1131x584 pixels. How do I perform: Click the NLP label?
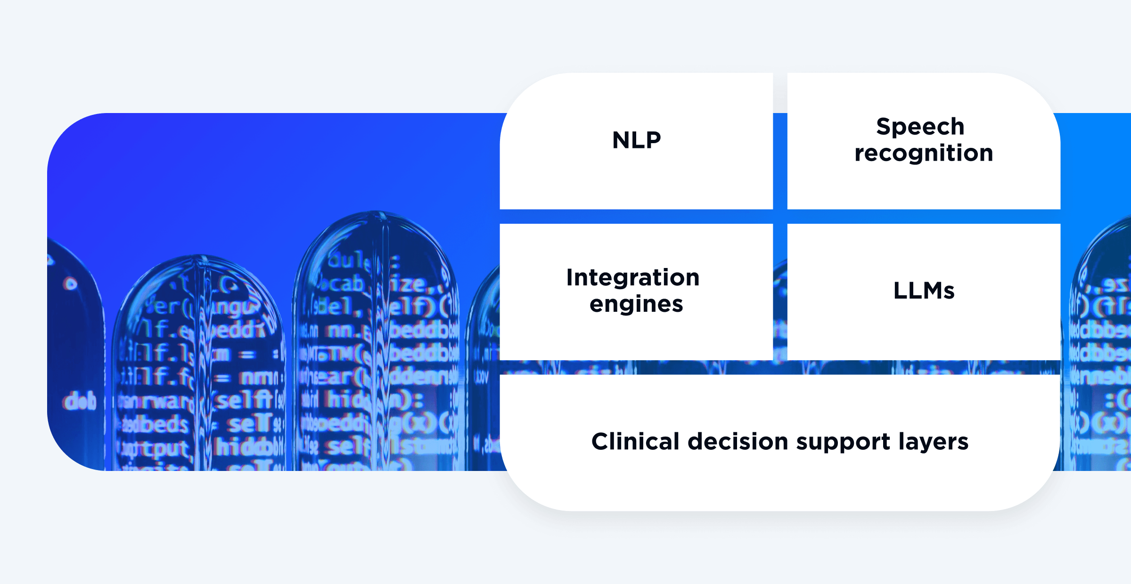(636, 140)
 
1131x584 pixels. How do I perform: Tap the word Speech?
(920, 127)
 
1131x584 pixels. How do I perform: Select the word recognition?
(924, 154)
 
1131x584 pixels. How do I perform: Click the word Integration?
(633, 277)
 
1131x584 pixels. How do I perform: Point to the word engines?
(636, 304)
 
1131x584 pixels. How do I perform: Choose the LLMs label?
(924, 291)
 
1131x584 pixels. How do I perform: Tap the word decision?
(738, 441)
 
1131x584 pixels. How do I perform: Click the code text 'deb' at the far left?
(79, 402)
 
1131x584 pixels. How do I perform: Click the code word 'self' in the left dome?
(244, 400)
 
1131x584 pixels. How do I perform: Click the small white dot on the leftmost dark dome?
(71, 284)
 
